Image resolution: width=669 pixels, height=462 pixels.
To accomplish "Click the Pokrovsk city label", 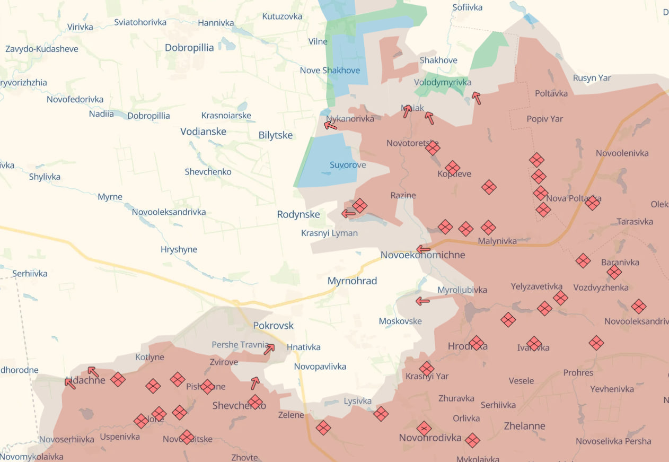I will pos(273,325).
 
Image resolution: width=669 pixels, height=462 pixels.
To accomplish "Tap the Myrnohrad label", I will pos(352,281).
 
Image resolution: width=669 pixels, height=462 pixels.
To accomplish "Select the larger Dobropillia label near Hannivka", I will pos(189,48).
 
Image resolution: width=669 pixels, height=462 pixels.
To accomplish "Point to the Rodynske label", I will pos(298,214).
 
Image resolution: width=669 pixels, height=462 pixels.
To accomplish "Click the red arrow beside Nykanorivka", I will pos(331,125).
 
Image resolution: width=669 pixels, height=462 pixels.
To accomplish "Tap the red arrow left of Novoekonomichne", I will pos(423,249).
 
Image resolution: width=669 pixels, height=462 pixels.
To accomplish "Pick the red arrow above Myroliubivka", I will pos(422,301).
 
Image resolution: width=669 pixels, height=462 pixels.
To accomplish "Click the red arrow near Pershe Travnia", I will pos(269,348).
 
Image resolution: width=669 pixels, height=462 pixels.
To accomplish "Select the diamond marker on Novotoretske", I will pos(433,147).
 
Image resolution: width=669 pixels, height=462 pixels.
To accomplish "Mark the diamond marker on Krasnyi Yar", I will pos(427,368).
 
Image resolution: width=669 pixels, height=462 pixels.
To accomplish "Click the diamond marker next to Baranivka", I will pos(614,272).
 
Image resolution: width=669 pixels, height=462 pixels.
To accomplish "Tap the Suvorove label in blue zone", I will pos(348,165).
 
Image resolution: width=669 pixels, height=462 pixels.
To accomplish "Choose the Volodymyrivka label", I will pos(443,82).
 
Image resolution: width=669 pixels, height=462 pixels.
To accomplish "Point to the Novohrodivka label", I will pos(430,438).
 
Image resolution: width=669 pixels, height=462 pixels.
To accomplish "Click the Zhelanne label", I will pos(524,426).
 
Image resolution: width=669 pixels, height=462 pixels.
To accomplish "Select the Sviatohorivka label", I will pos(140,22).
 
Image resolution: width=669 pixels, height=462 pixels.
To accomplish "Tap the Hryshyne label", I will pos(179,249).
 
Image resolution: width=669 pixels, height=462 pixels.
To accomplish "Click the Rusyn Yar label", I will pos(592,78).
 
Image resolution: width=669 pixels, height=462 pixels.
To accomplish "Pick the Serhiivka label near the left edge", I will pos(30,274).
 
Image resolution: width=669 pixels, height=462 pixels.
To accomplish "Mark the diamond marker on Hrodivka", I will pos(476,343).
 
